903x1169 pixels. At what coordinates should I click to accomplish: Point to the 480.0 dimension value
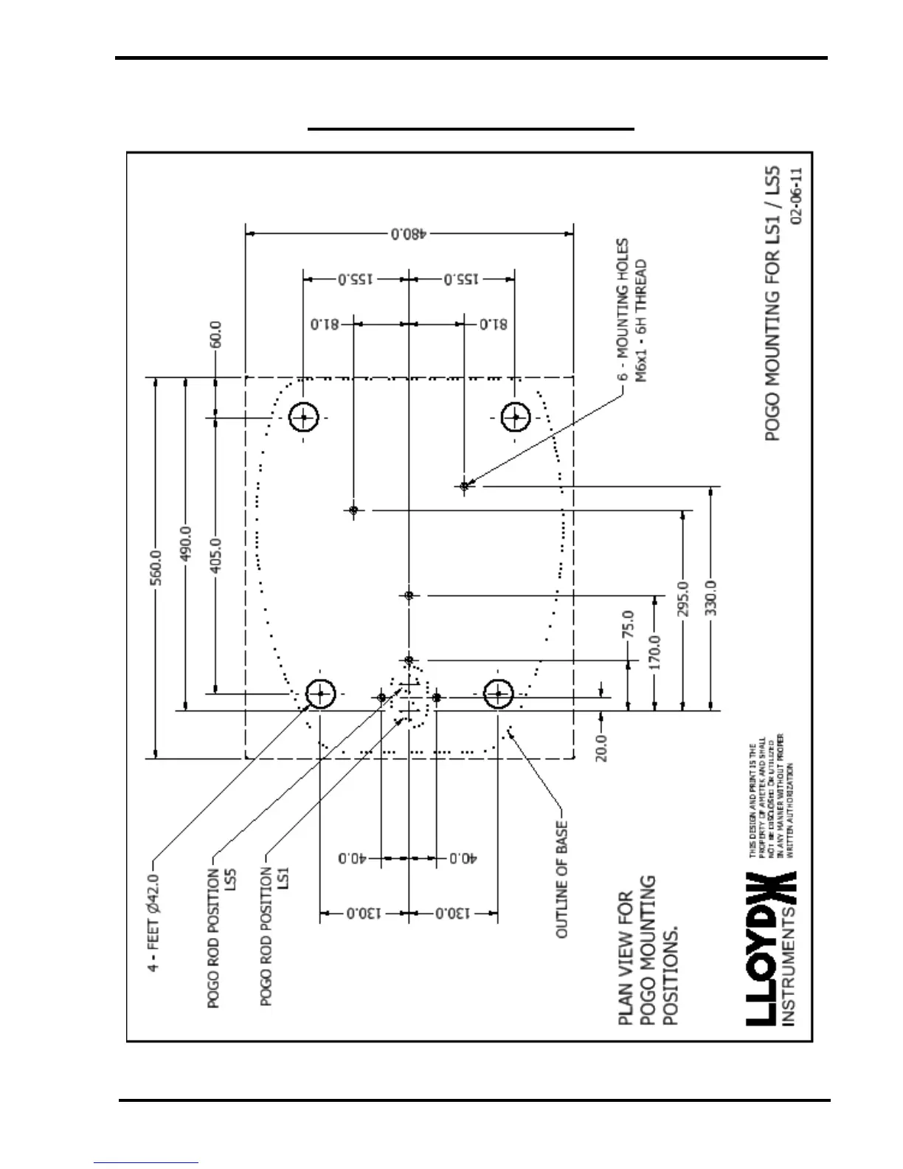tap(409, 234)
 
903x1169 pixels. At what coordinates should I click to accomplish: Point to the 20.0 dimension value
tap(602, 747)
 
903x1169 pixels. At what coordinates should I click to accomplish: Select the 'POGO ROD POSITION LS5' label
tap(221, 937)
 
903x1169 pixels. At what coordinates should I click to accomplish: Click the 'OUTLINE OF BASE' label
tap(562, 878)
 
